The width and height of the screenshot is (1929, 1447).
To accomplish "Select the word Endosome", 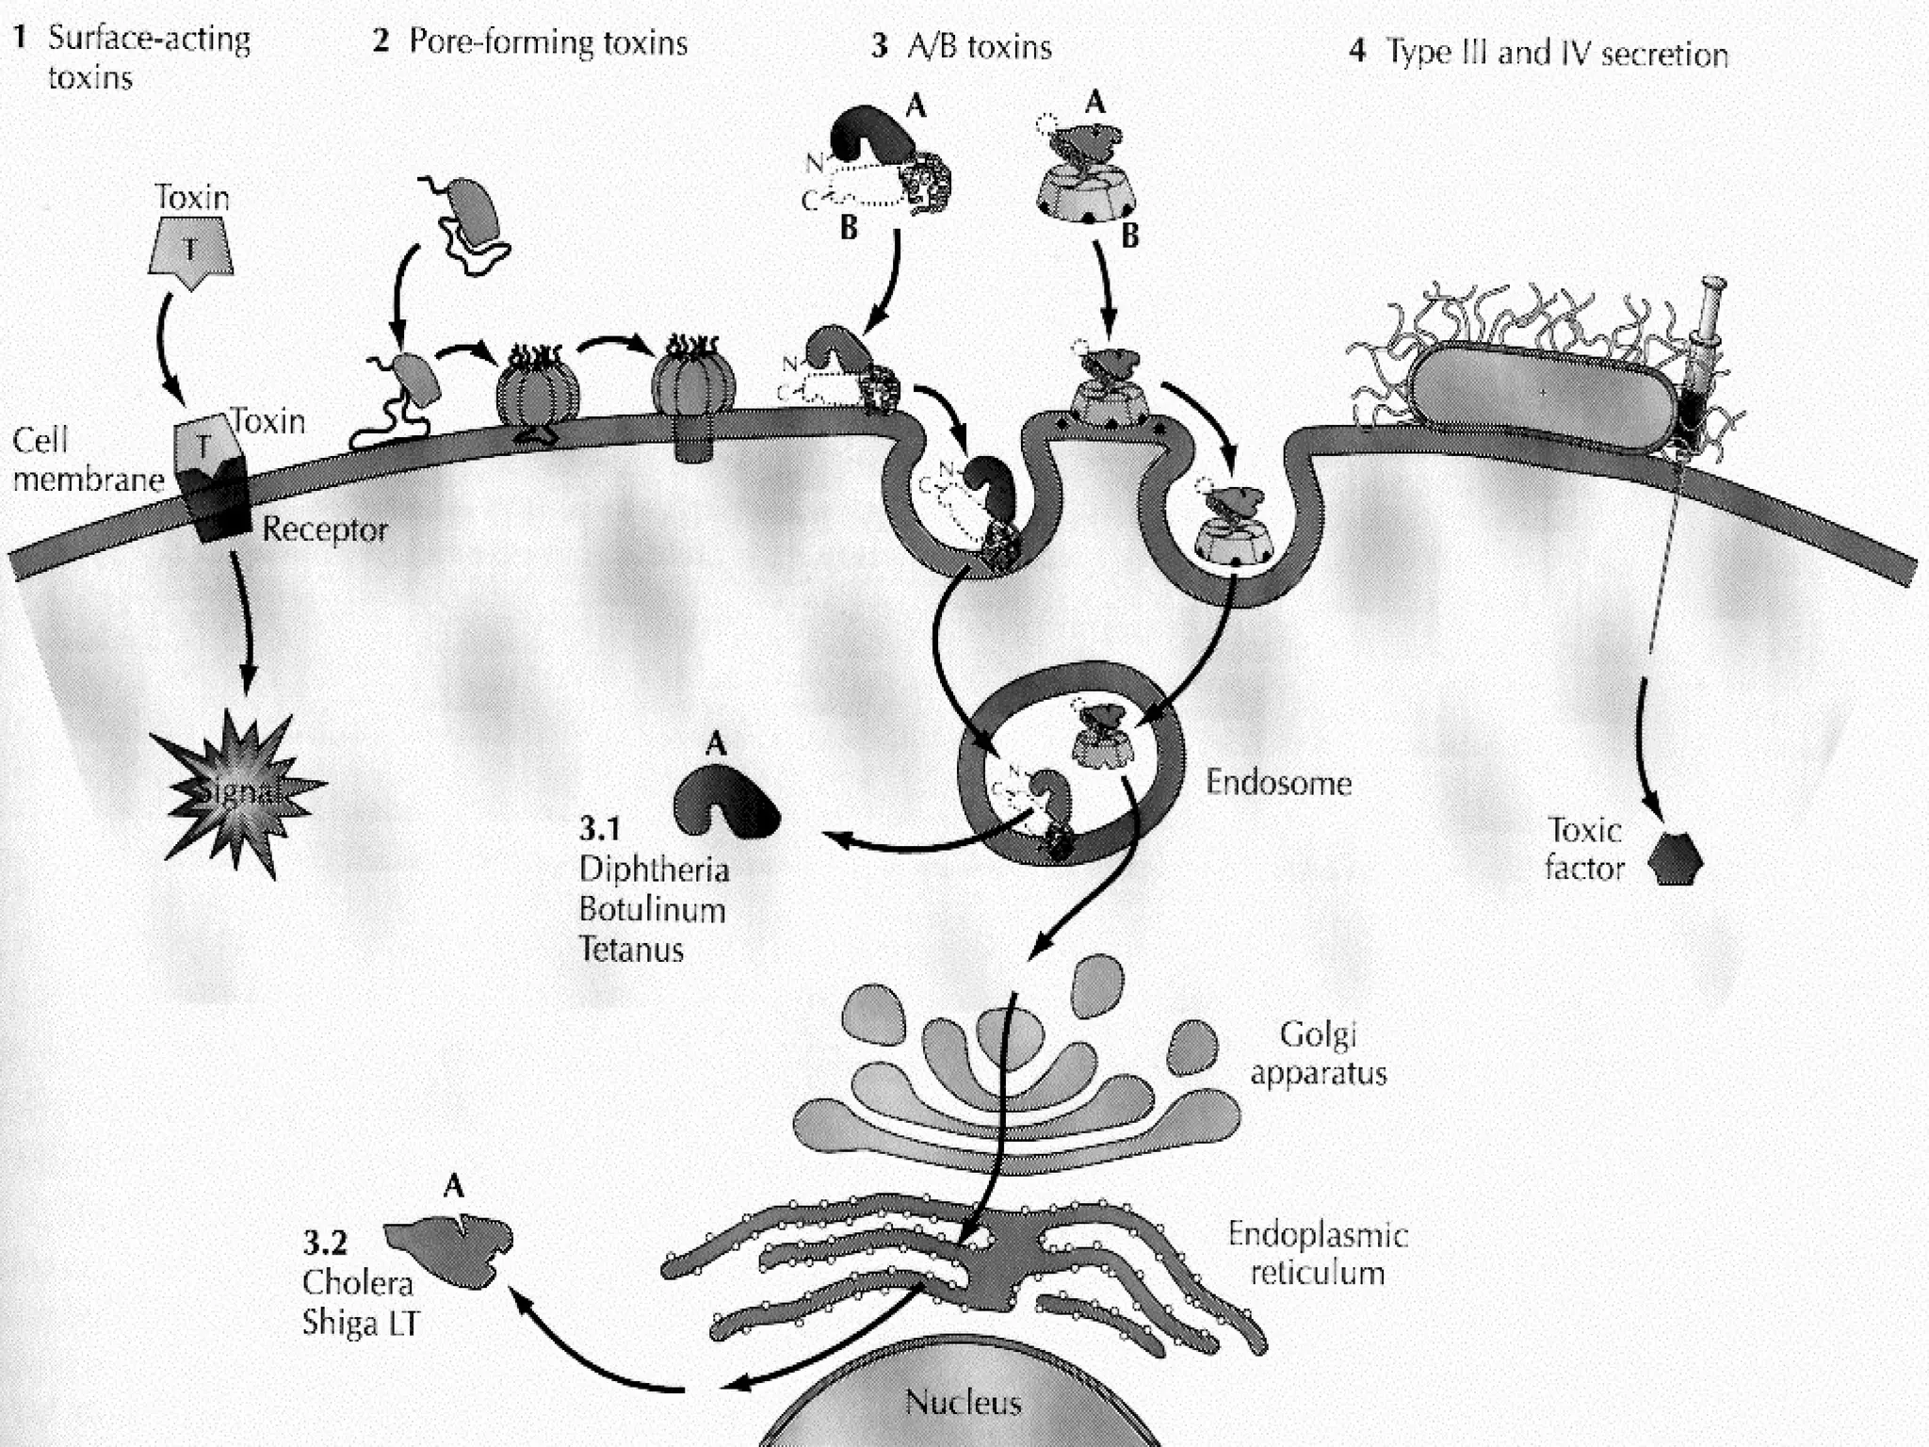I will coord(1278,783).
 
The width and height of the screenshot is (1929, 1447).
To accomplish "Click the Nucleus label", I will coord(963,1403).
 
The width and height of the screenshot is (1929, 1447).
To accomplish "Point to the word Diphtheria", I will coord(654,869).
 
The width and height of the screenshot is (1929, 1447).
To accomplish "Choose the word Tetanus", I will coord(631,949).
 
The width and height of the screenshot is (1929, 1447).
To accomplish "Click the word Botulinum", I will coord(652,909).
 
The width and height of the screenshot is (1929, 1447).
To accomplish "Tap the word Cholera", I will coord(358,1283).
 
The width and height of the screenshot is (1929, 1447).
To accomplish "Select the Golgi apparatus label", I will coord(1319,1054).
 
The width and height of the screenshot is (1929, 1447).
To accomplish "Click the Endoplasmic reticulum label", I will coord(1317,1254).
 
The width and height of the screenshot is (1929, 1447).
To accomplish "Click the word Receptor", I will coord(324,529).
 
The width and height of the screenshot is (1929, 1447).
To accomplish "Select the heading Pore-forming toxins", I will coord(547,42).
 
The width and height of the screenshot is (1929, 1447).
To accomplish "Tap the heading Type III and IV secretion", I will coord(1556,54).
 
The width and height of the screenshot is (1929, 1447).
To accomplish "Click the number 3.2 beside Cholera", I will coord(324,1244).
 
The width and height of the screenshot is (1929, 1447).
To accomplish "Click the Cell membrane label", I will coord(88,461).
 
